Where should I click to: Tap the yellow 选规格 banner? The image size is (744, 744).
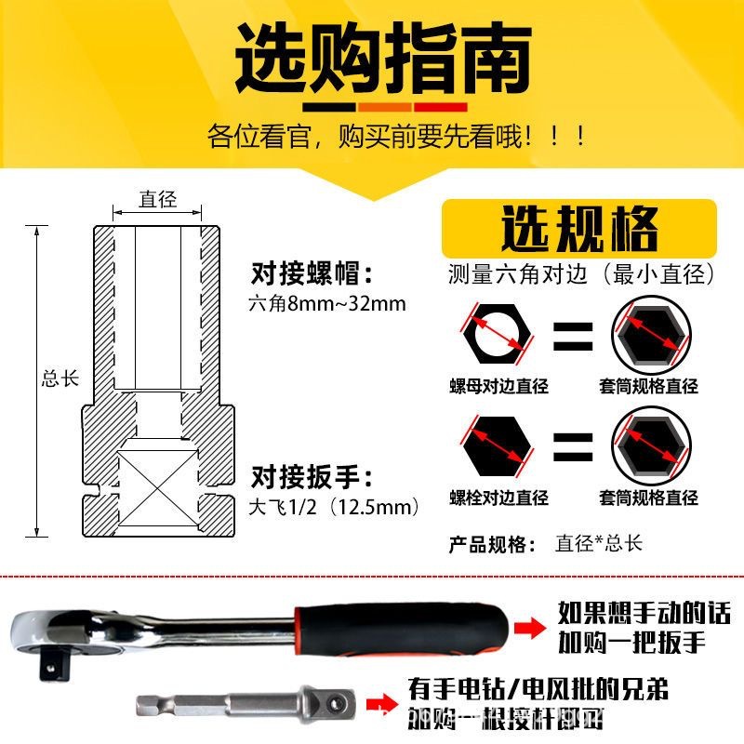(578, 228)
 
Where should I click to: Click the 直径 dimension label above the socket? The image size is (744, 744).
(157, 199)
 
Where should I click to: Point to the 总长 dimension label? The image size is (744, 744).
(60, 379)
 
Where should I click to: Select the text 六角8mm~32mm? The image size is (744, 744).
(327, 304)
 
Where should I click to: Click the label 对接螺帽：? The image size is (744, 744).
(312, 274)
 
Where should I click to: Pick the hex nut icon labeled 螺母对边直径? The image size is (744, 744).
(497, 334)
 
